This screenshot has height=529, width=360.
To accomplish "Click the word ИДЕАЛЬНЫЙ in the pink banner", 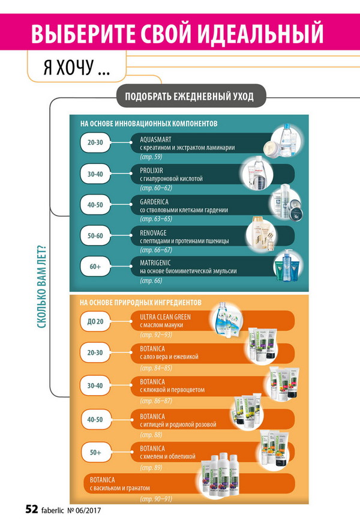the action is [x=260, y=33].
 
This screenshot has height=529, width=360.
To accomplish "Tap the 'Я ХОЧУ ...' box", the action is [x=77, y=66].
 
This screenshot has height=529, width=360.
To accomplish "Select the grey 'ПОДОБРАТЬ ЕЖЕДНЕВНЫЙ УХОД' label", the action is [x=189, y=97].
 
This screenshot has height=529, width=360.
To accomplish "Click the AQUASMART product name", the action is [x=155, y=139].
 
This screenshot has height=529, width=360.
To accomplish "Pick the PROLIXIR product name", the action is [x=151, y=171].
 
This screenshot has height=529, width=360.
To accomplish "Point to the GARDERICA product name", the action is [x=154, y=202].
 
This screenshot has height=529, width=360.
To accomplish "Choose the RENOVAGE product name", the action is [x=153, y=233].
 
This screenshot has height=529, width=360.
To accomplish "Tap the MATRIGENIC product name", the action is [x=155, y=262].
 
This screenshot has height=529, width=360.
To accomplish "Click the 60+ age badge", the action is [x=95, y=267].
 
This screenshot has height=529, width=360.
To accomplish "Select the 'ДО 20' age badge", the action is [x=95, y=321].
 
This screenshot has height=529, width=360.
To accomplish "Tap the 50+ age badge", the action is [x=96, y=452].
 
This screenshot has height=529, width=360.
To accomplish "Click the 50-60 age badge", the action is [x=95, y=236].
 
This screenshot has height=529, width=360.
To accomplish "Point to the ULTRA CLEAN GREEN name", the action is [x=165, y=317].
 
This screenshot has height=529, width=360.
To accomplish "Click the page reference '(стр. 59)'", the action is [x=151, y=157].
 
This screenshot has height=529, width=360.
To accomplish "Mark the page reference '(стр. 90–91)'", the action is [x=156, y=498].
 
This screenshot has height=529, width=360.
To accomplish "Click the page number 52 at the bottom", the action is [x=32, y=509].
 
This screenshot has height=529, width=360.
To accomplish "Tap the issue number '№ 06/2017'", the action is [x=84, y=510].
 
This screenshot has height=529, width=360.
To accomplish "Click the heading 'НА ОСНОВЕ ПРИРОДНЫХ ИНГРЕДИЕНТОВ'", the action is [x=140, y=302].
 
